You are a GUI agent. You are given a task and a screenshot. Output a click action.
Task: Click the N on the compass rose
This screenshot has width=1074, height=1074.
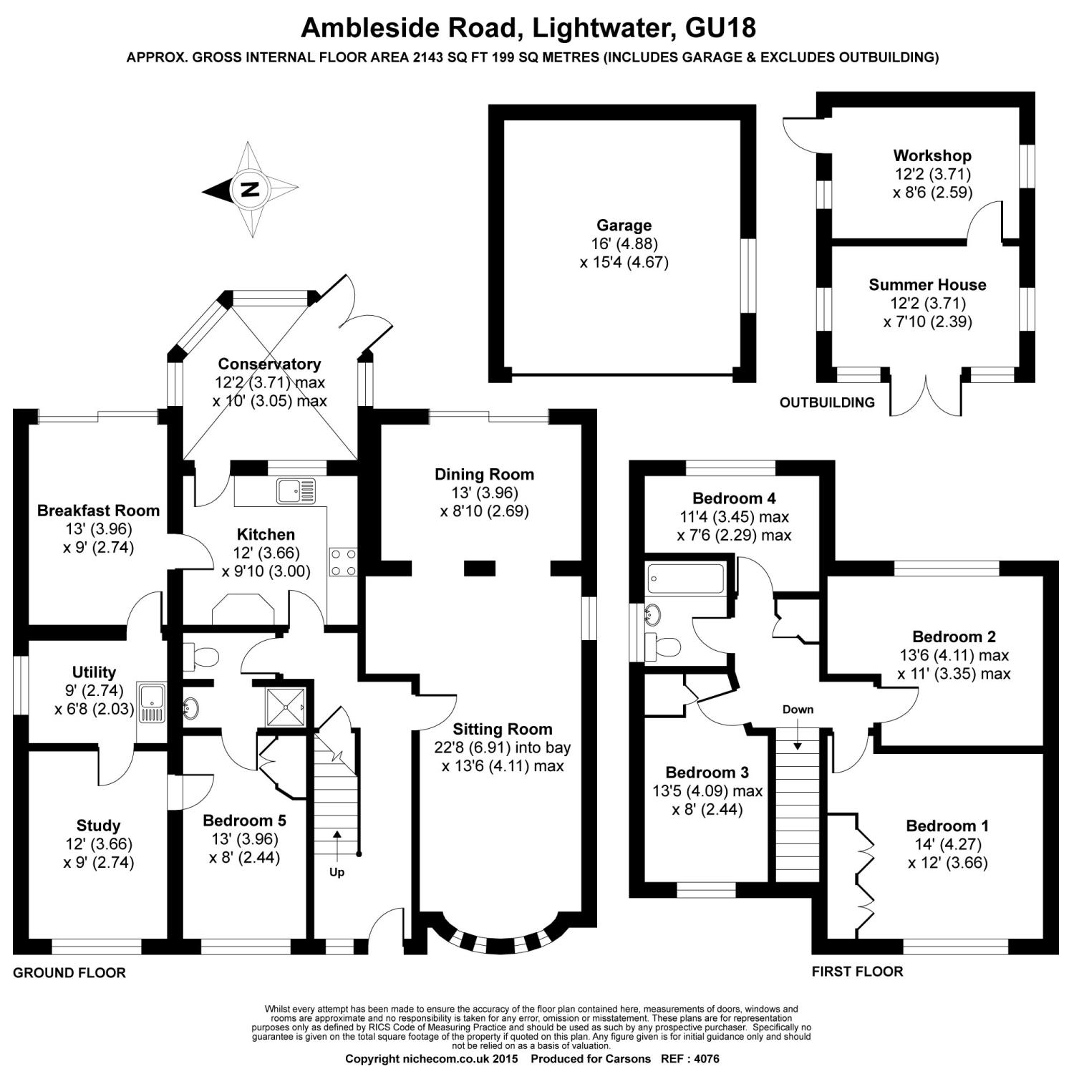(x=250, y=190)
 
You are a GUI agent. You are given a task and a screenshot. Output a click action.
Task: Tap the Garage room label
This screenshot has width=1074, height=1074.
(x=624, y=226)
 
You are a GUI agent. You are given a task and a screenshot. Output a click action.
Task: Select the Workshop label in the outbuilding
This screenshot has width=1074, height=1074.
(x=932, y=155)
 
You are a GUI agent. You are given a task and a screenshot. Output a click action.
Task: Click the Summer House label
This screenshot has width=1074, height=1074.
(x=927, y=284)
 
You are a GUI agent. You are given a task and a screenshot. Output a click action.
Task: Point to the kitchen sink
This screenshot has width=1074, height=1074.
(x=294, y=491)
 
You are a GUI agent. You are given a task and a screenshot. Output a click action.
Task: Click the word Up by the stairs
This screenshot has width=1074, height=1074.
(x=337, y=872)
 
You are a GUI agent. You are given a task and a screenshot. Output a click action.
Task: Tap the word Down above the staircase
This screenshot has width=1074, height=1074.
(x=798, y=710)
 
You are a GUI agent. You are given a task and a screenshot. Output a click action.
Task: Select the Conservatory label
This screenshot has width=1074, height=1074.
(x=269, y=364)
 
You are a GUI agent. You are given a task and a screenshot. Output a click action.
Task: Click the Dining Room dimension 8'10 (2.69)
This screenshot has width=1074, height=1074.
(x=484, y=511)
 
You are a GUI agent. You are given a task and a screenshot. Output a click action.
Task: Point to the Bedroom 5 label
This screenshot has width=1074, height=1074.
(x=244, y=821)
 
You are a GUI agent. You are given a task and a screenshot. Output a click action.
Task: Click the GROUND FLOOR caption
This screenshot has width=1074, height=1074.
(x=69, y=972)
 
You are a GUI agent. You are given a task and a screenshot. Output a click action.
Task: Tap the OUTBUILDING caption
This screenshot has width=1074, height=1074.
(x=827, y=402)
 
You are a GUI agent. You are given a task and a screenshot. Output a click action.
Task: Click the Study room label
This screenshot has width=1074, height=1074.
(x=98, y=826)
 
